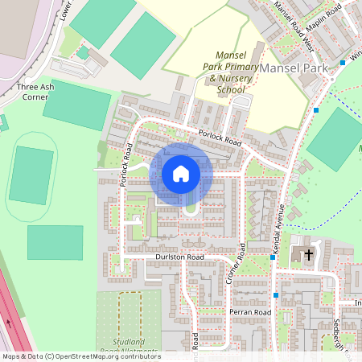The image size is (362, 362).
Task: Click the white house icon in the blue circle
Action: pyautogui.click(x=181, y=174)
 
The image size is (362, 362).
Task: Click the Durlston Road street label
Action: pyautogui.click(x=179, y=257)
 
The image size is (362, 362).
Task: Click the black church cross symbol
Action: pyautogui.click(x=308, y=255)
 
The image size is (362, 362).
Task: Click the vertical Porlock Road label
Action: pyautogui.click(x=126, y=164)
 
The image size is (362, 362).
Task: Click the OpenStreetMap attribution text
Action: pyautogui.click(x=80, y=356)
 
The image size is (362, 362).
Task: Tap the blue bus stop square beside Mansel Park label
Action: pyautogui.click(x=342, y=62)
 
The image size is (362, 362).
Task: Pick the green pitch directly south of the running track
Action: pyautogui.click(x=55, y=242)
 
